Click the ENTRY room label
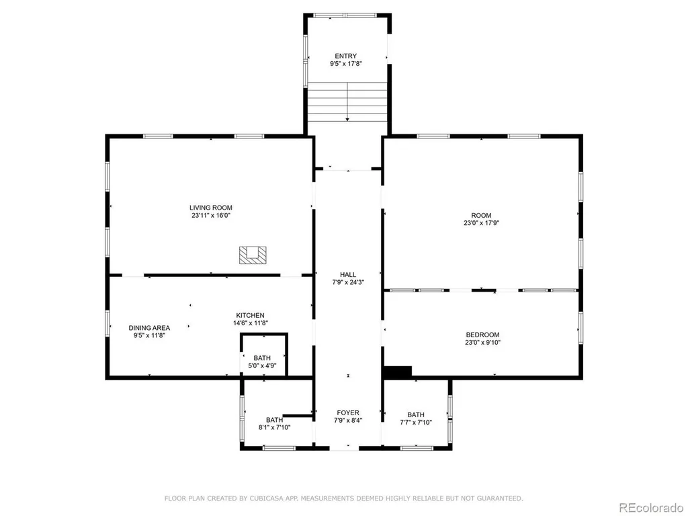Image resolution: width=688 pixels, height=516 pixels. tap(346, 56)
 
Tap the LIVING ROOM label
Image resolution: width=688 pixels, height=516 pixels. tap(210, 208)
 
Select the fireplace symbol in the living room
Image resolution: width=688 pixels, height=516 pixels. tap(253, 255)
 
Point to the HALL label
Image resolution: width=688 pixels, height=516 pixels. tap(348, 275)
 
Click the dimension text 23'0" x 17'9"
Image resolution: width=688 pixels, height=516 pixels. tap(481, 223)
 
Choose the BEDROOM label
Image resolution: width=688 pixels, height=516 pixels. tap(482, 335)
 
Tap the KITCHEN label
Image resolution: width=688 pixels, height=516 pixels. tap(250, 316)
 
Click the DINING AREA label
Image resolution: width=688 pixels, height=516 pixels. tap(149, 328)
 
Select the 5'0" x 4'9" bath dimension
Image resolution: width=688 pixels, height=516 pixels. tap(262, 365)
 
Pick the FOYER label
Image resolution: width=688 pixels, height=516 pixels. tap(348, 413)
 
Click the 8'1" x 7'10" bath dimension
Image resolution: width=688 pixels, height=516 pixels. tap(274, 427)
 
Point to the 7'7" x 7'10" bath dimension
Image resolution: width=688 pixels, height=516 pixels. tap(416, 423)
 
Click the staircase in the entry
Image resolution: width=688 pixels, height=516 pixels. tap(347, 102)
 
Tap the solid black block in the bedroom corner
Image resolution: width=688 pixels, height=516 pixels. tap(398, 372)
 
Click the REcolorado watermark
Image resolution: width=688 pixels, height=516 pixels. tap(651, 508)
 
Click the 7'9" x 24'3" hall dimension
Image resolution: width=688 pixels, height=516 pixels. tap(348, 283)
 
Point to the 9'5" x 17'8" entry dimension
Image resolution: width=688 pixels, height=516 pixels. tap(346, 64)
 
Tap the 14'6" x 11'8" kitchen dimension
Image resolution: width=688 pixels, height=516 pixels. tap(250, 323)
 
